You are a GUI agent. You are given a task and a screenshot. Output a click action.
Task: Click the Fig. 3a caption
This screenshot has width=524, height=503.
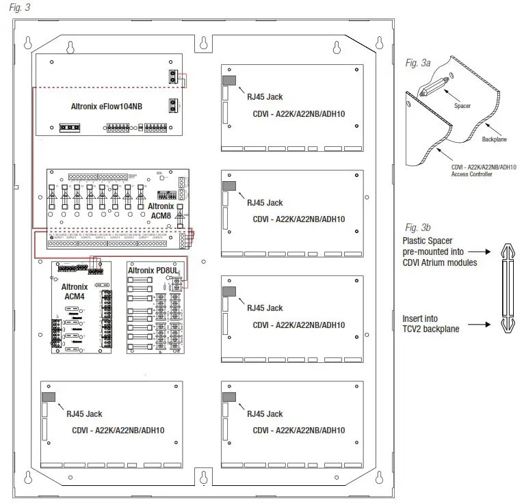coord(417,63)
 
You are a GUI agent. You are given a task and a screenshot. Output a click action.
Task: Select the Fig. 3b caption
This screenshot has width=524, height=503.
coord(417,227)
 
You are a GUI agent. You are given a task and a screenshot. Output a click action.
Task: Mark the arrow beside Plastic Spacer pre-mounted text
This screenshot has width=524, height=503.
coord(478,251)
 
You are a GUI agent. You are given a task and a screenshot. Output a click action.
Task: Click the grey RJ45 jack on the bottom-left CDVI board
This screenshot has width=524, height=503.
coord(49,396)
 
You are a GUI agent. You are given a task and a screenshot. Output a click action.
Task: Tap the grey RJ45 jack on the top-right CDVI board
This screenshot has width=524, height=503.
coord(229,80)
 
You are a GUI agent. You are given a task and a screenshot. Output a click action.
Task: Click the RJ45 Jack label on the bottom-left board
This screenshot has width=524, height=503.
coord(84,413)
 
